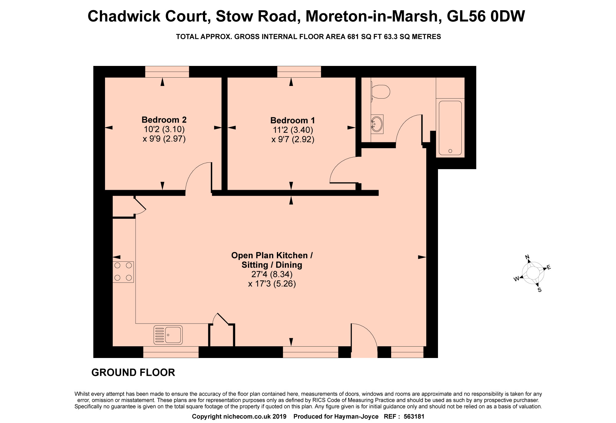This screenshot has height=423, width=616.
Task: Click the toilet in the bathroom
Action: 380,92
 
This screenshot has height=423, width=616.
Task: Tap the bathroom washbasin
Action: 377,124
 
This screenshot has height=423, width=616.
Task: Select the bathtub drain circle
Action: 450,151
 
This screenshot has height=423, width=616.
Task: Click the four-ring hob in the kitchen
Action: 123,272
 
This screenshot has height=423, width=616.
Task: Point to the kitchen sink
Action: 168,335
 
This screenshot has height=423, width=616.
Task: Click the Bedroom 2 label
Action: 164,120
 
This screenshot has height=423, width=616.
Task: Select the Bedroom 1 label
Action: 293,120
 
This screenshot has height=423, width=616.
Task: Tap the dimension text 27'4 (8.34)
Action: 272,274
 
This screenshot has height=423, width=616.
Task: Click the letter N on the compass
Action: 527,257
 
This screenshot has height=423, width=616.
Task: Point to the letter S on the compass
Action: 539,290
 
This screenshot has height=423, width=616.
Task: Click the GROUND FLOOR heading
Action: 133,372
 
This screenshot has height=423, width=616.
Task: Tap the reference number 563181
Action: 414,417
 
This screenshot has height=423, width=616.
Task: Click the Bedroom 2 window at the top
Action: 167,72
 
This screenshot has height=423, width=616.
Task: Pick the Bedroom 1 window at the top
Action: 299,72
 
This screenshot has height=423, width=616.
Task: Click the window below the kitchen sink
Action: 171,352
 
